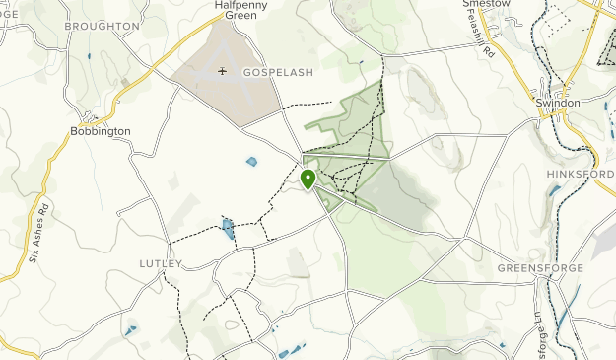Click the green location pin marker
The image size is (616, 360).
(x=308, y=180)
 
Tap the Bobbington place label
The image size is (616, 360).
(x=101, y=130)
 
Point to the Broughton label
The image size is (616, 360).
(x=102, y=26)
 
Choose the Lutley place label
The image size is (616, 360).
(x=161, y=263)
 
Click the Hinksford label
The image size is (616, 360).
(x=580, y=174)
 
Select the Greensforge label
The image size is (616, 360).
(x=540, y=268)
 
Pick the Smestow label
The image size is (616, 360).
(x=486, y=4)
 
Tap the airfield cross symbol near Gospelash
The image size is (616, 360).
(x=223, y=71)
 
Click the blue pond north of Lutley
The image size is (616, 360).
(x=228, y=230)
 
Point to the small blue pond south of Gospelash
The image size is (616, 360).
(x=251, y=162)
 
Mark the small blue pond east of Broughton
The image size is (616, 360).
(x=88, y=55)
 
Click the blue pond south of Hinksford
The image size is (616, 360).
(x=554, y=190)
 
